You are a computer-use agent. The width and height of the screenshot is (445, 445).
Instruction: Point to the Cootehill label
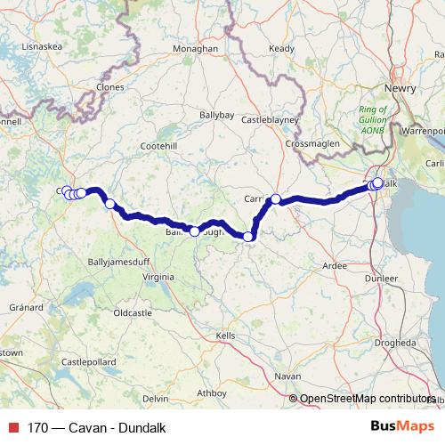tap(159, 145)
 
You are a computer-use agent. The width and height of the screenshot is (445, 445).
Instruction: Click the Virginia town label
tap(158, 278)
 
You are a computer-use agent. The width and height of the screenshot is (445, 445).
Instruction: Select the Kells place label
tap(225, 335)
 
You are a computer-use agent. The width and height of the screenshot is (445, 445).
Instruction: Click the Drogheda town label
tap(394, 343)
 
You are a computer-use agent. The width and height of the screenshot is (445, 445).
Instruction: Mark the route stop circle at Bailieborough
tap(195, 231)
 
